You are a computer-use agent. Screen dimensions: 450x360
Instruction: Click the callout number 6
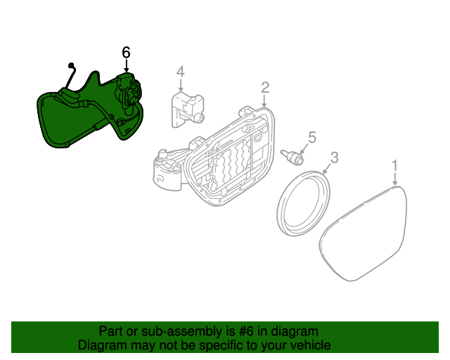point(127,52)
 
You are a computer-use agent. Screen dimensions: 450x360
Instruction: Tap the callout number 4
point(180,71)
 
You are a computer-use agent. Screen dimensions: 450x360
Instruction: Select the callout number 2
point(265,87)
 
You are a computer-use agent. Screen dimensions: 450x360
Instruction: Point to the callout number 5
point(312,137)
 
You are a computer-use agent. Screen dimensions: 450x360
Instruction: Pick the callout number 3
point(334,157)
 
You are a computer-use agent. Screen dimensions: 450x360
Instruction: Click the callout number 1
point(395,165)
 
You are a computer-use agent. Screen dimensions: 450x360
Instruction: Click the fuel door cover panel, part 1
point(366,232)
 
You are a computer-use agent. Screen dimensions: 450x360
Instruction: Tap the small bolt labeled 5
point(292,156)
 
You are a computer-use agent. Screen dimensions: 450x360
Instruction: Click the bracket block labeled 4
point(184,109)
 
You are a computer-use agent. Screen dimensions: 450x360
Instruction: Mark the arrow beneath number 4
point(180,85)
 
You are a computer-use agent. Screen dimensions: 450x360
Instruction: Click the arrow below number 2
point(265,101)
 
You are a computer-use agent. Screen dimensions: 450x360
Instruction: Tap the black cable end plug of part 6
point(71,66)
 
